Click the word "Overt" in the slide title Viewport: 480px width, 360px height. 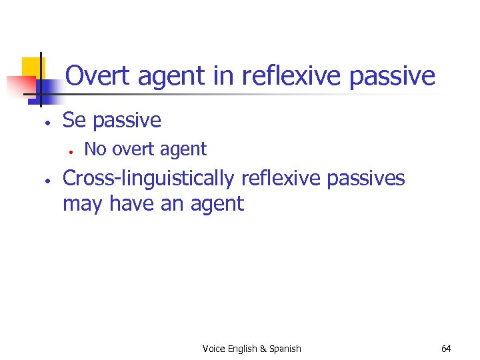[99, 76]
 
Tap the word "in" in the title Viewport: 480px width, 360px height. [223, 76]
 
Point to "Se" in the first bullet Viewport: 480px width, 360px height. [75, 120]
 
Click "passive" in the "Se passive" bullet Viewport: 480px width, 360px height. [127, 121]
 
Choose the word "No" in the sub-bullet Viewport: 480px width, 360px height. [95, 149]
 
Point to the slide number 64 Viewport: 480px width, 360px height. [446, 349]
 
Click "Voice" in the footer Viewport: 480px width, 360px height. [213, 349]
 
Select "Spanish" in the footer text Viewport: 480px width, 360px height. [285, 349]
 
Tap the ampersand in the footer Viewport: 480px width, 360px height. [263, 349]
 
